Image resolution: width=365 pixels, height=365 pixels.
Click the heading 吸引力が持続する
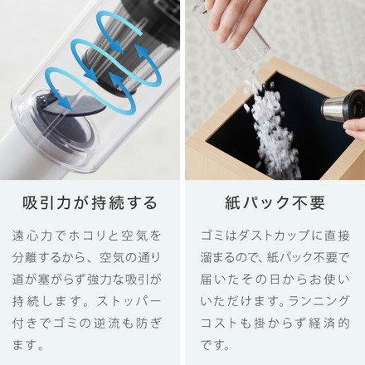pos(90,203)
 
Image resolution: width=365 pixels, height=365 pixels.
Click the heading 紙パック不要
pos(275,203)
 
